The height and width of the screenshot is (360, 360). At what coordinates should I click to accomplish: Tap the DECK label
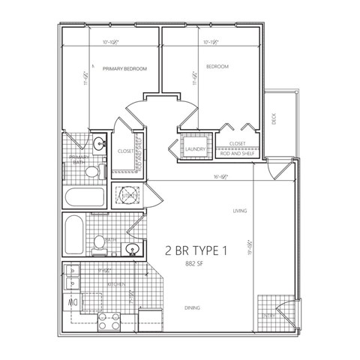(x=274, y=118)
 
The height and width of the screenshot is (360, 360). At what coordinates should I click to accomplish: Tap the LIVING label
(x=240, y=211)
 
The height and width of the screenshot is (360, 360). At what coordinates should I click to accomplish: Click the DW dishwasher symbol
(x=74, y=302)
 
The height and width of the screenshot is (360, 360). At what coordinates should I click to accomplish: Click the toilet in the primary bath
(x=91, y=171)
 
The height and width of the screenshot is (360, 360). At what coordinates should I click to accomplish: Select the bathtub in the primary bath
(x=85, y=199)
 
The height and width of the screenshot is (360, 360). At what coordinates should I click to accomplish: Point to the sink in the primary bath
(x=100, y=142)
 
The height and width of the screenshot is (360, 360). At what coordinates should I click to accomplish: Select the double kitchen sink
(x=73, y=277)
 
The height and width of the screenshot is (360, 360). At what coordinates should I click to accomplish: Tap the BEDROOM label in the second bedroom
(x=216, y=67)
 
